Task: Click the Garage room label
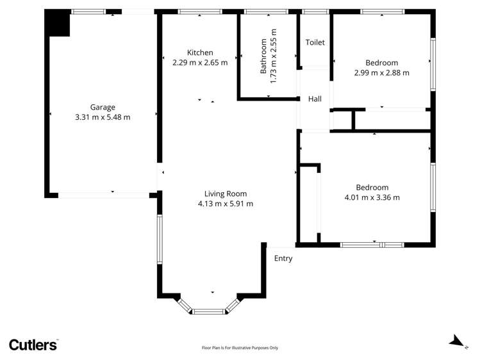click(103, 108)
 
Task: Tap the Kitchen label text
click(200, 53)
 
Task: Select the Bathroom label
click(263, 56)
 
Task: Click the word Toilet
click(315, 42)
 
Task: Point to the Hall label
click(315, 99)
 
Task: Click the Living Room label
click(226, 193)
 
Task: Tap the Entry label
click(283, 258)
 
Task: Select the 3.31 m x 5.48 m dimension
click(103, 117)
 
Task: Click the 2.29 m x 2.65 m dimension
click(200, 63)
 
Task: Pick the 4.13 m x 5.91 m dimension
click(226, 204)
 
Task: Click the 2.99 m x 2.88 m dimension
click(382, 73)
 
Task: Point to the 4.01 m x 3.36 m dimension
click(372, 197)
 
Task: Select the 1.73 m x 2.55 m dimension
click(274, 56)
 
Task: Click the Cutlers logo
click(33, 345)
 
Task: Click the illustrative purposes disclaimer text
click(240, 348)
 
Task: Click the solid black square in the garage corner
click(57, 23)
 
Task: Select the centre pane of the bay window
click(210, 312)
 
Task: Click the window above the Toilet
click(315, 12)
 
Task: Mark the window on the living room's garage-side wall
click(160, 240)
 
